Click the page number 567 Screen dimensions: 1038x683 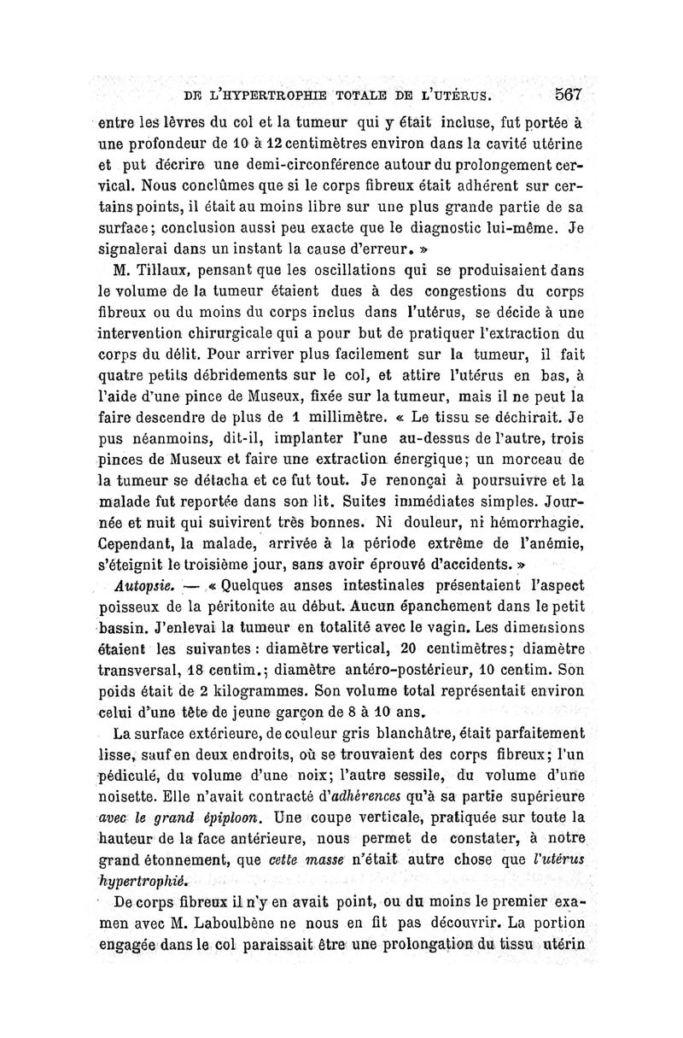[568, 93]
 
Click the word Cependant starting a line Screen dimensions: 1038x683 [142, 542]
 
